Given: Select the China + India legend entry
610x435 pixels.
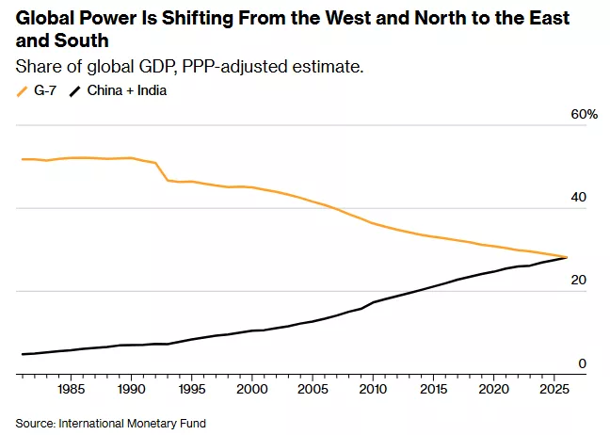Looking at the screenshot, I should (126, 91).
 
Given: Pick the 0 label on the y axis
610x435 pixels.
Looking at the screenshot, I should (583, 363).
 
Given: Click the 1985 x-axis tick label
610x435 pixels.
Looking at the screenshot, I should (72, 388).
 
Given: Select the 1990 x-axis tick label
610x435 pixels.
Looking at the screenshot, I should (132, 388).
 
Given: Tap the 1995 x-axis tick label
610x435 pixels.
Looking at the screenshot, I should (192, 388).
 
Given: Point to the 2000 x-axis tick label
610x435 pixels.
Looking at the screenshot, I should (252, 388).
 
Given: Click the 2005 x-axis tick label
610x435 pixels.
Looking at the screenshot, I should (313, 388).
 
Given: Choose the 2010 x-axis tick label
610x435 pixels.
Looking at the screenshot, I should (373, 388).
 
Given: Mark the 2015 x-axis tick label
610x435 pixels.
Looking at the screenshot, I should (433, 388).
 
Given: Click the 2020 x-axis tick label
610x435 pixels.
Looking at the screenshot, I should (493, 388).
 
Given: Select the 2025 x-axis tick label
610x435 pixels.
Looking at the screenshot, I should (554, 388).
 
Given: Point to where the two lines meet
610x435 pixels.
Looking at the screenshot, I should (567, 257).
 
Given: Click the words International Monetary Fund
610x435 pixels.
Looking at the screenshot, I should (133, 423).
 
